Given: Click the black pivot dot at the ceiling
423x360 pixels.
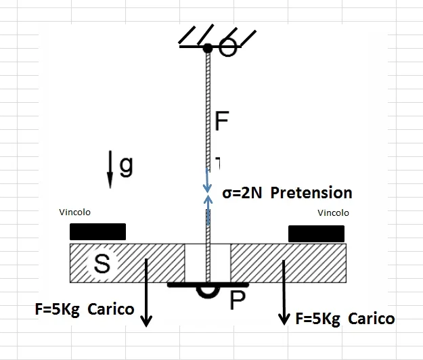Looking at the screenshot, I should click(208, 48).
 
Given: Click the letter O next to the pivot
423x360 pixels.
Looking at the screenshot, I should click(228, 49).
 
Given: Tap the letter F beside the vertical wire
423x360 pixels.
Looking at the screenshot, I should click(222, 122).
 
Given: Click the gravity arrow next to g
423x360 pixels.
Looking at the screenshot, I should click(110, 170).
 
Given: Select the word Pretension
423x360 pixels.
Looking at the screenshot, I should click(311, 193).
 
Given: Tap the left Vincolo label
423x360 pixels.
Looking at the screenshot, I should click(74, 212).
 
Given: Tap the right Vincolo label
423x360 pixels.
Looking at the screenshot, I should click(334, 212).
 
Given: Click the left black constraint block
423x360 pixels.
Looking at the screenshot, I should click(97, 231).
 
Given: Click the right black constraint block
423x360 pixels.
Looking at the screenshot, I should click(316, 233).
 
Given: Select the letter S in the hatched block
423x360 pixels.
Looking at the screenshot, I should click(102, 265).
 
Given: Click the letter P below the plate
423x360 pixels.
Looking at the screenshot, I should click(238, 300).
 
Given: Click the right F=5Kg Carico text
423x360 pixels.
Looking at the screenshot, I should click(345, 318).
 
